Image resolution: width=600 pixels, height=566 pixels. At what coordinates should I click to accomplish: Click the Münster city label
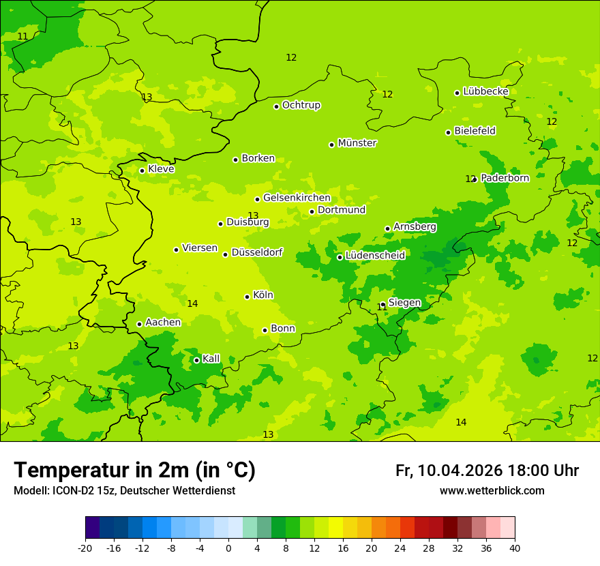(357, 143)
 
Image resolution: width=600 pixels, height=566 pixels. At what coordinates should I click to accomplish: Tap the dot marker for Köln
(247, 297)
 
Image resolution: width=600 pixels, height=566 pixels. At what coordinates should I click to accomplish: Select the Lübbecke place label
(485, 91)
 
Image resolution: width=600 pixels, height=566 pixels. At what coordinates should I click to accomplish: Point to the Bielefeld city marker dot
(448, 132)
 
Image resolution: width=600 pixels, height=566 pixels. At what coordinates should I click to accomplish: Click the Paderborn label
(505, 178)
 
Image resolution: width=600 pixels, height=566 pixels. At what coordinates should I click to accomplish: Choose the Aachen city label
(163, 323)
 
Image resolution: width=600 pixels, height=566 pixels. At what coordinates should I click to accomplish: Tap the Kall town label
(211, 359)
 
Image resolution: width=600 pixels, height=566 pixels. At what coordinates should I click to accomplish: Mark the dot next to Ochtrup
(276, 106)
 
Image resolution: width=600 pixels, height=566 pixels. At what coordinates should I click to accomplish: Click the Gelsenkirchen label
(297, 198)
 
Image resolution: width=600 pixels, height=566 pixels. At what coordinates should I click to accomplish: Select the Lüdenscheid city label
(375, 256)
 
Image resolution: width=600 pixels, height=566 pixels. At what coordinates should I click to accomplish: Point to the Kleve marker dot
(142, 170)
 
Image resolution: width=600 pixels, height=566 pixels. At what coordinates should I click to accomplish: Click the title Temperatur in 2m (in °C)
(134, 471)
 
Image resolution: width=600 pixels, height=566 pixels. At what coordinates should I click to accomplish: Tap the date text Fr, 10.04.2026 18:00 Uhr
(487, 471)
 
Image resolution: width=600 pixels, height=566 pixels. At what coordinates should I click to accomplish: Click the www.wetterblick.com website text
(492, 491)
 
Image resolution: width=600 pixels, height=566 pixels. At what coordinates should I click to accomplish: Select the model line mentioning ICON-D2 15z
(124, 491)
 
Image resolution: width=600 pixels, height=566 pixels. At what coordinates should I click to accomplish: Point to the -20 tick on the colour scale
(85, 548)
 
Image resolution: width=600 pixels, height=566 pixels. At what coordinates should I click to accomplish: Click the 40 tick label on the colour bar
(515, 548)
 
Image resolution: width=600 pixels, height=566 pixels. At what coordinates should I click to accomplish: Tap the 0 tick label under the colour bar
(228, 548)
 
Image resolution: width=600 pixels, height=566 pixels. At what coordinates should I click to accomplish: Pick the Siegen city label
(404, 303)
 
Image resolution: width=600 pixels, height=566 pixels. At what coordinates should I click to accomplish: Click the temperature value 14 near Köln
(192, 303)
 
